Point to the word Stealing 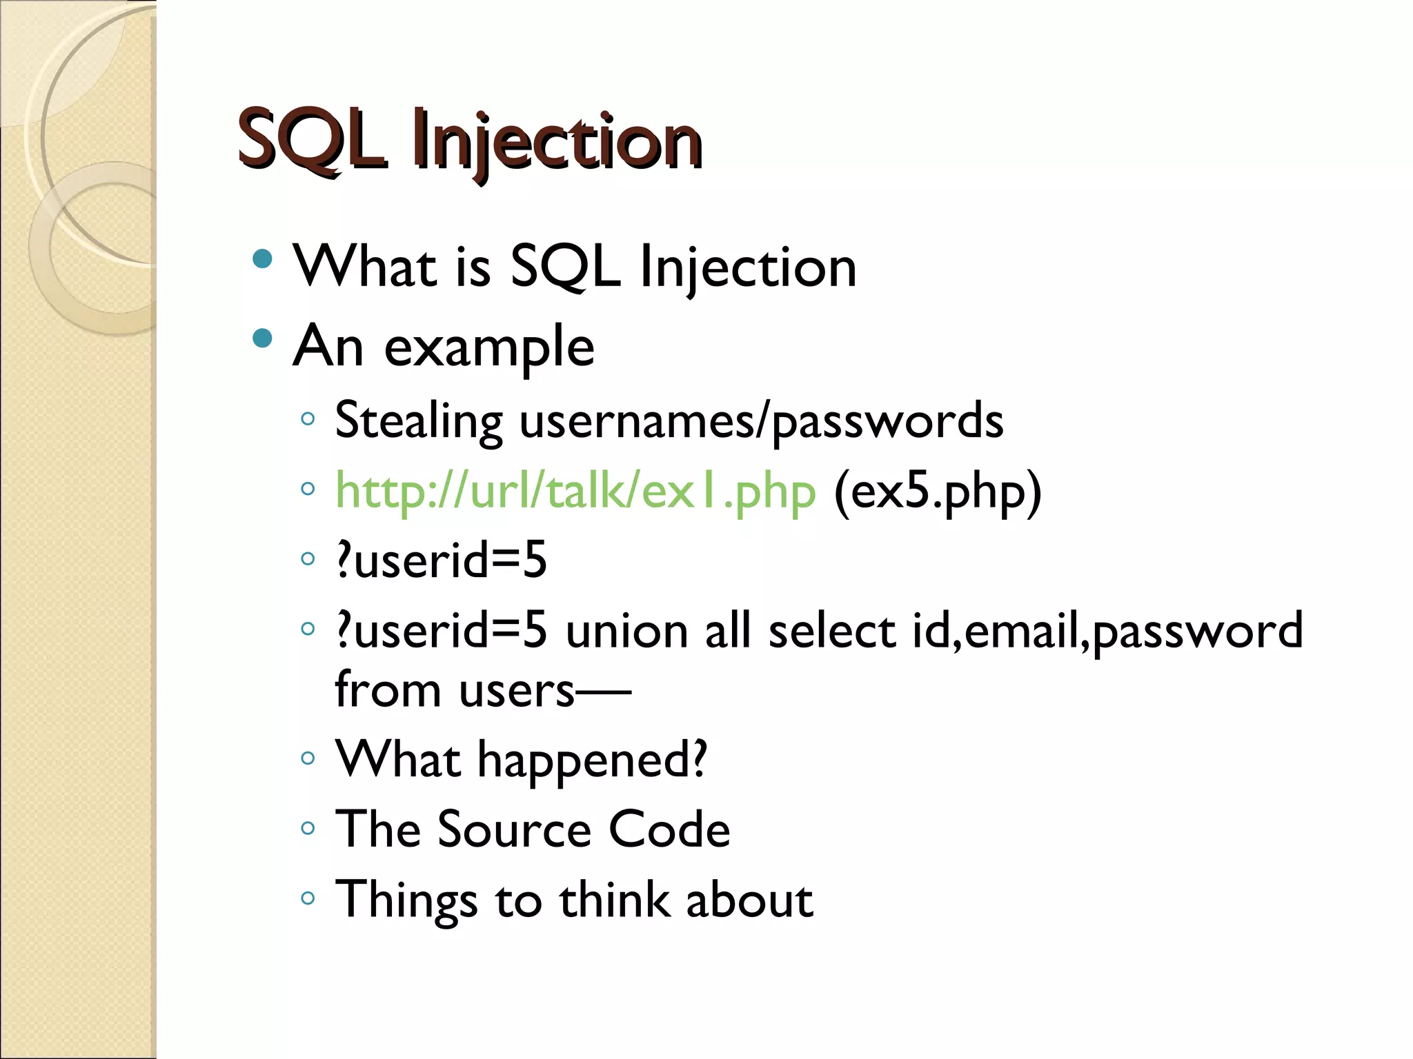pos(419,421)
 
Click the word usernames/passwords pos(761,421)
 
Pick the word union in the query pos(626,631)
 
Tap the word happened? pos(592,760)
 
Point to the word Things pos(406,900)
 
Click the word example pos(488,347)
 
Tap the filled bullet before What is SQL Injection pos(262,259)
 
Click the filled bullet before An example pos(262,339)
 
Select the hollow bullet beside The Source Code pos(308,827)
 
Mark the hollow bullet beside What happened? pos(308,758)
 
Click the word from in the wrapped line pos(387,689)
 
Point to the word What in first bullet pos(365,267)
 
